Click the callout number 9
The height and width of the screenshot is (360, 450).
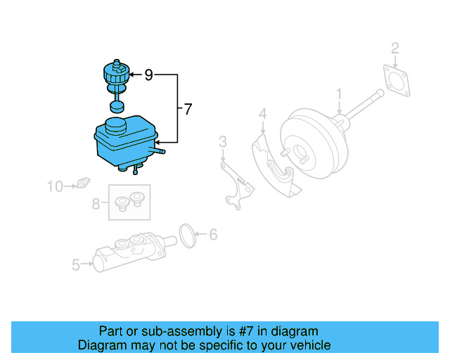[x=148, y=74]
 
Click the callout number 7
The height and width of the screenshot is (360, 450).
[x=187, y=109]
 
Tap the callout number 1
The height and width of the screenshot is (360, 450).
[x=339, y=94]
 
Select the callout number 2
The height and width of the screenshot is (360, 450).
[x=395, y=48]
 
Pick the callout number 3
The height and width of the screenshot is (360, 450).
[x=222, y=143]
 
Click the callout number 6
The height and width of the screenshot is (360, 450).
[x=214, y=234]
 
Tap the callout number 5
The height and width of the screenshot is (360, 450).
[x=76, y=265]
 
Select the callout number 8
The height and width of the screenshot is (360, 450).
[x=96, y=204]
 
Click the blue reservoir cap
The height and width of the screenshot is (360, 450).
[x=115, y=73]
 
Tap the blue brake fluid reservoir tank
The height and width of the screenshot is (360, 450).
[x=123, y=144]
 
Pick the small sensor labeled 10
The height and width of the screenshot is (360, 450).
[x=84, y=184]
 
